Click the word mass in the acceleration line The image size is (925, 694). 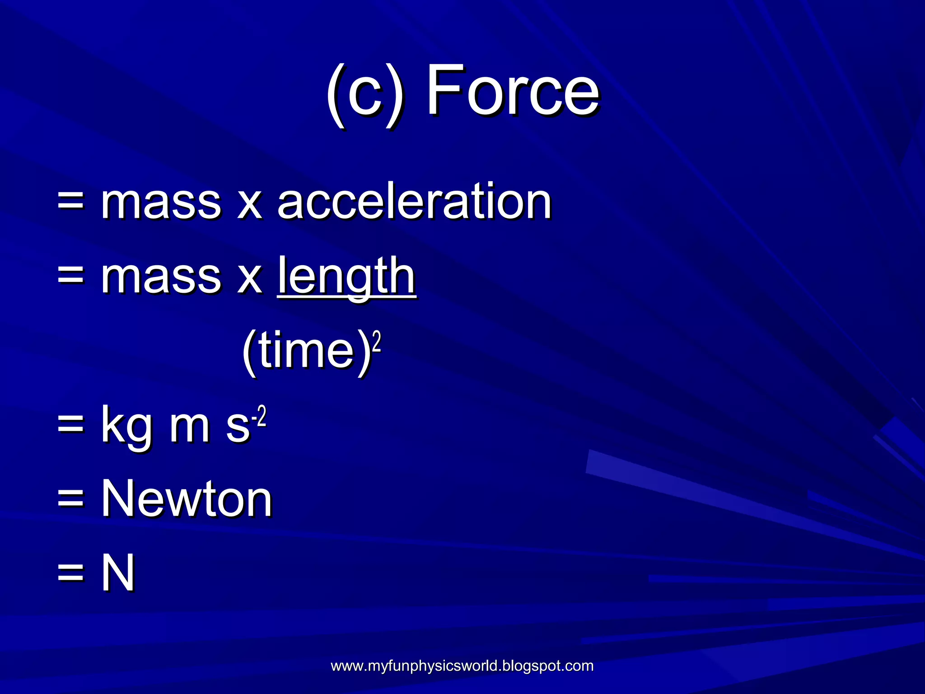(161, 202)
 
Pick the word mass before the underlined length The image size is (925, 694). (161, 277)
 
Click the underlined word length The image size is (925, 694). (346, 276)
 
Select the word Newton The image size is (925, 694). (186, 498)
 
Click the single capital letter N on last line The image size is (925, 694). (118, 572)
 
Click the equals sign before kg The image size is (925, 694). (71, 425)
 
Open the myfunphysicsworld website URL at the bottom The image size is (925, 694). (462, 666)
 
